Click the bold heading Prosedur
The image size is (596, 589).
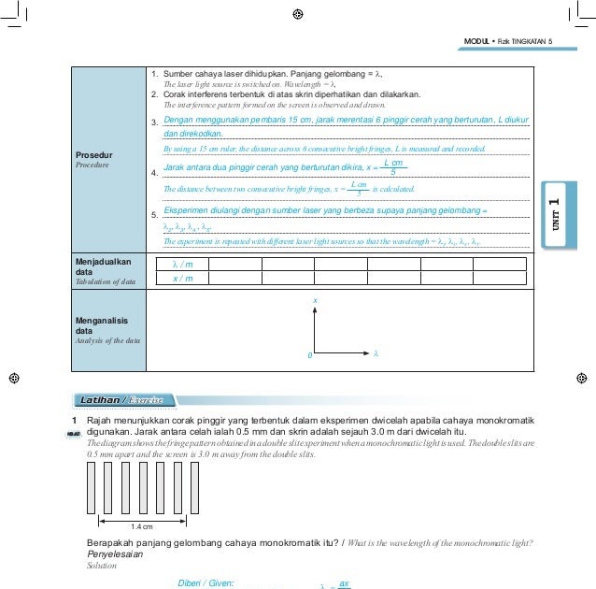pos(95,155)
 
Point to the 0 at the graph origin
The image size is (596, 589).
pos(309,356)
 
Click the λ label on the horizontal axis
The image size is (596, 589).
pos(375,353)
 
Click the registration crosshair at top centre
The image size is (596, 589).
pos(297,14)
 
